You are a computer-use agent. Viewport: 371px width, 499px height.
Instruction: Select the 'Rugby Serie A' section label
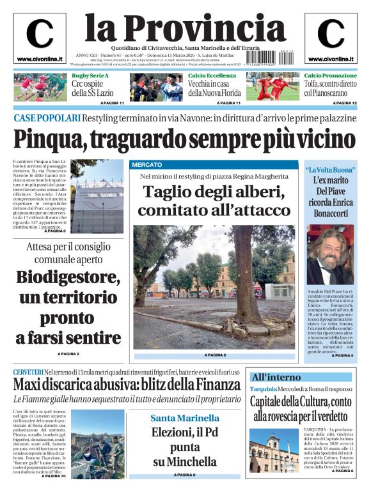click(x=90, y=75)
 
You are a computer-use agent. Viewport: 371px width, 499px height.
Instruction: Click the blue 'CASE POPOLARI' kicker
click(x=47, y=118)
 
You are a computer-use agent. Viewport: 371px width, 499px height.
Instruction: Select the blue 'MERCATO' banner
click(x=147, y=165)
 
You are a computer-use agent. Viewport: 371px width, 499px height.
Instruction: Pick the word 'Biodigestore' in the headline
click(x=68, y=279)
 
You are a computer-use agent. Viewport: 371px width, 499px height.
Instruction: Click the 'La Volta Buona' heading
click(x=329, y=169)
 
